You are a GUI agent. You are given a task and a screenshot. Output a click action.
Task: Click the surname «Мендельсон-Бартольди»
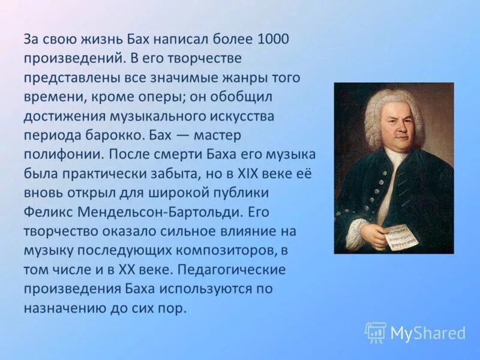tap(152, 211)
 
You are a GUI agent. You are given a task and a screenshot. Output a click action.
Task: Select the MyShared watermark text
tap(428, 332)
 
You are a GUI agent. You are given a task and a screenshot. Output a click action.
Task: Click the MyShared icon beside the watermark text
tap(375, 332)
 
